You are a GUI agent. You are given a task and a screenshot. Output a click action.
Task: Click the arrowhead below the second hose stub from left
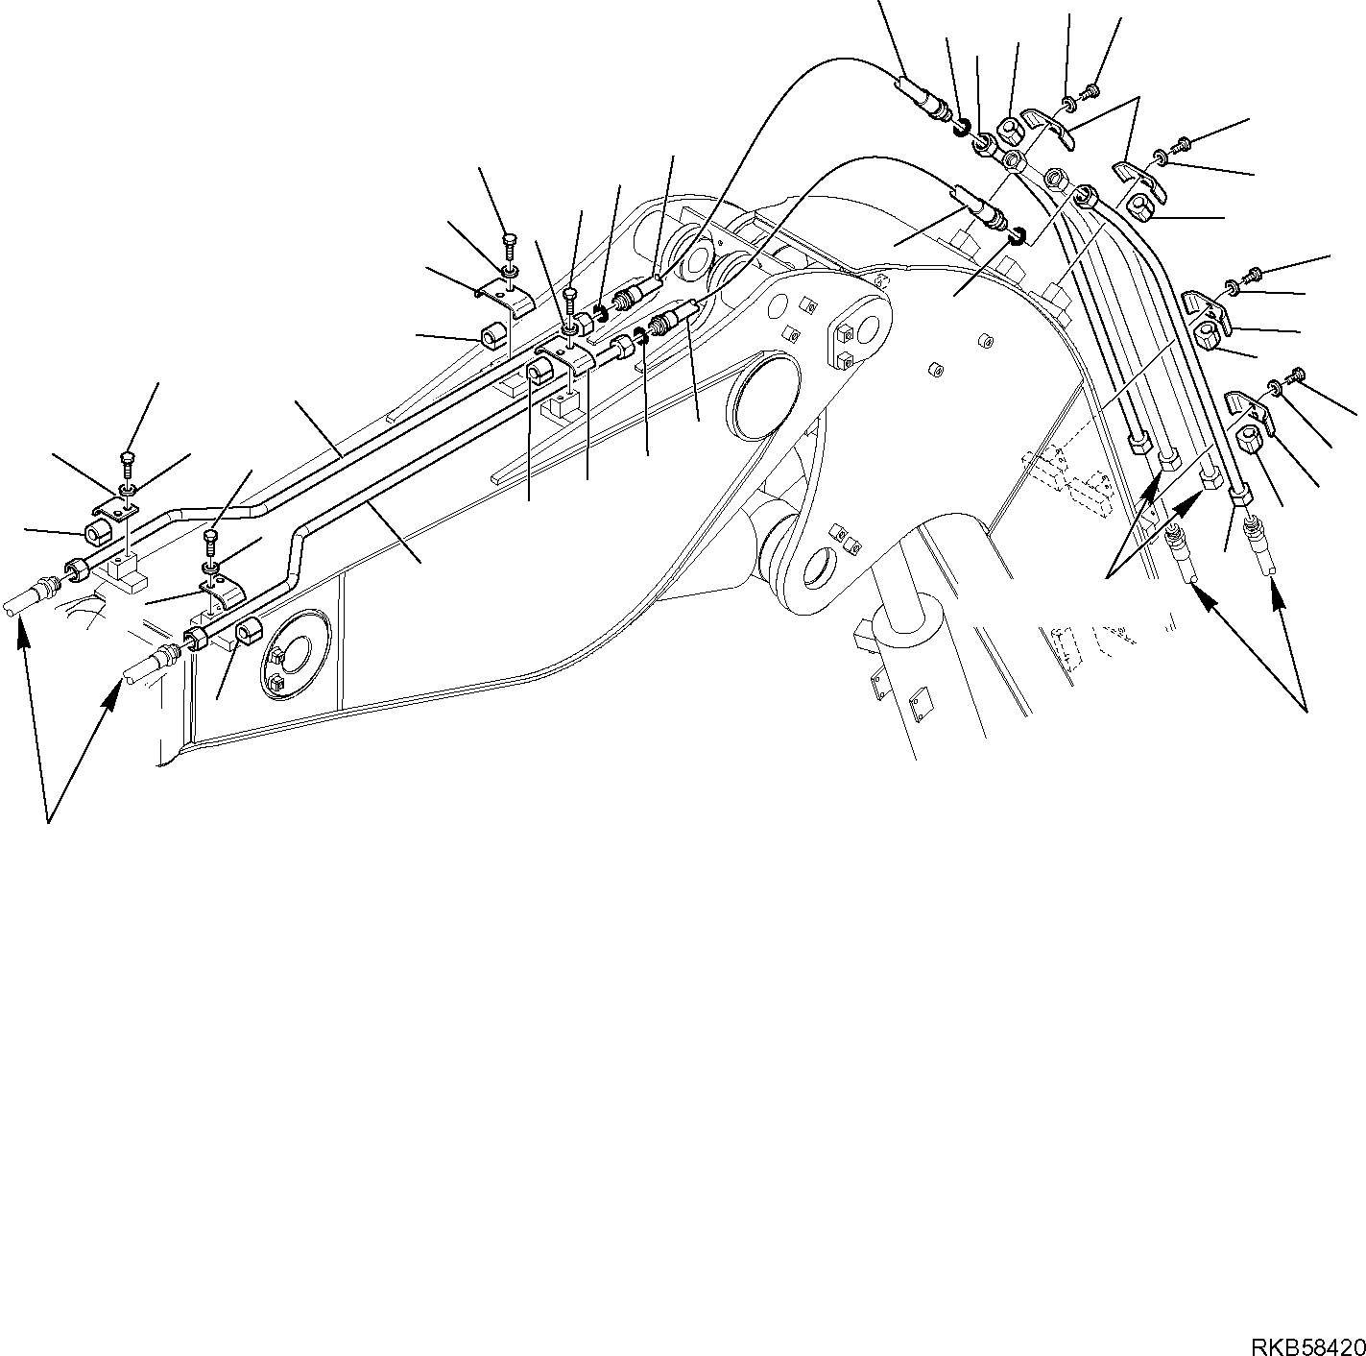click(113, 691)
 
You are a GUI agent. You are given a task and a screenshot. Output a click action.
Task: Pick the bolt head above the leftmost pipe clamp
click(128, 459)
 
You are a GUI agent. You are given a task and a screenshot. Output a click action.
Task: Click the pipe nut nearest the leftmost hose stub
click(76, 572)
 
